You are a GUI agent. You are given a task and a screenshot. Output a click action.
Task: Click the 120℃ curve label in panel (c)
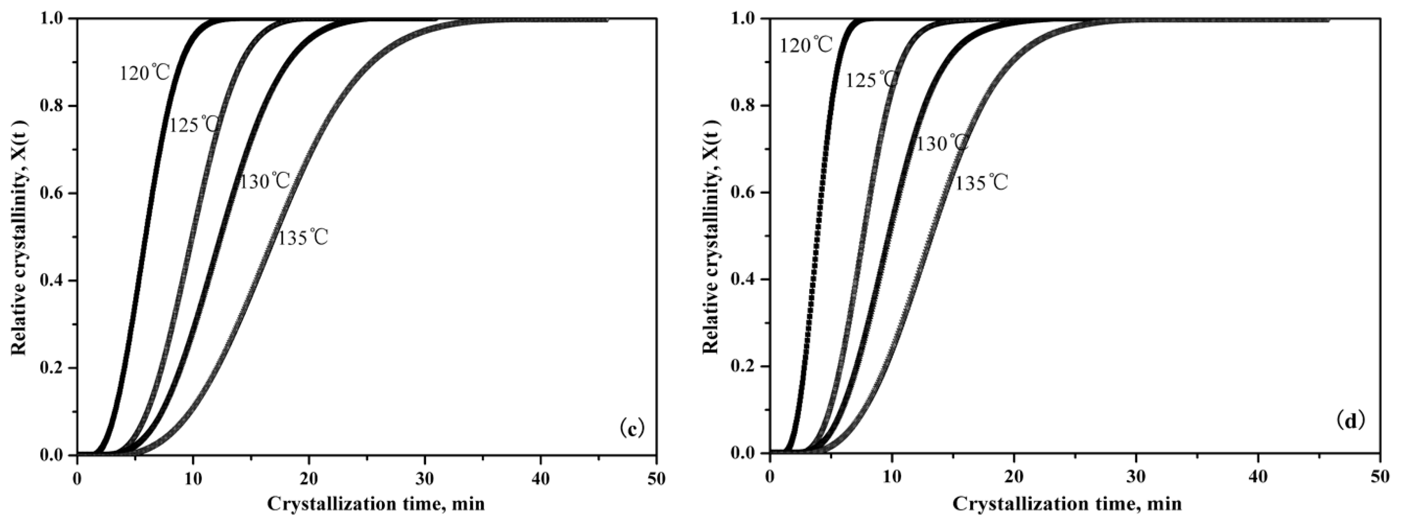point(145,73)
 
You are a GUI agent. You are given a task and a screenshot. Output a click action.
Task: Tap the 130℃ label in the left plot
point(265,181)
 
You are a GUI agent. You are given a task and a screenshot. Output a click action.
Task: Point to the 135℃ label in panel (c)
point(303,238)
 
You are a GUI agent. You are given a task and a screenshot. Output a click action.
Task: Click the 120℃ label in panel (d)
point(806,46)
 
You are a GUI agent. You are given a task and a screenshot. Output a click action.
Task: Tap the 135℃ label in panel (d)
point(981,184)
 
